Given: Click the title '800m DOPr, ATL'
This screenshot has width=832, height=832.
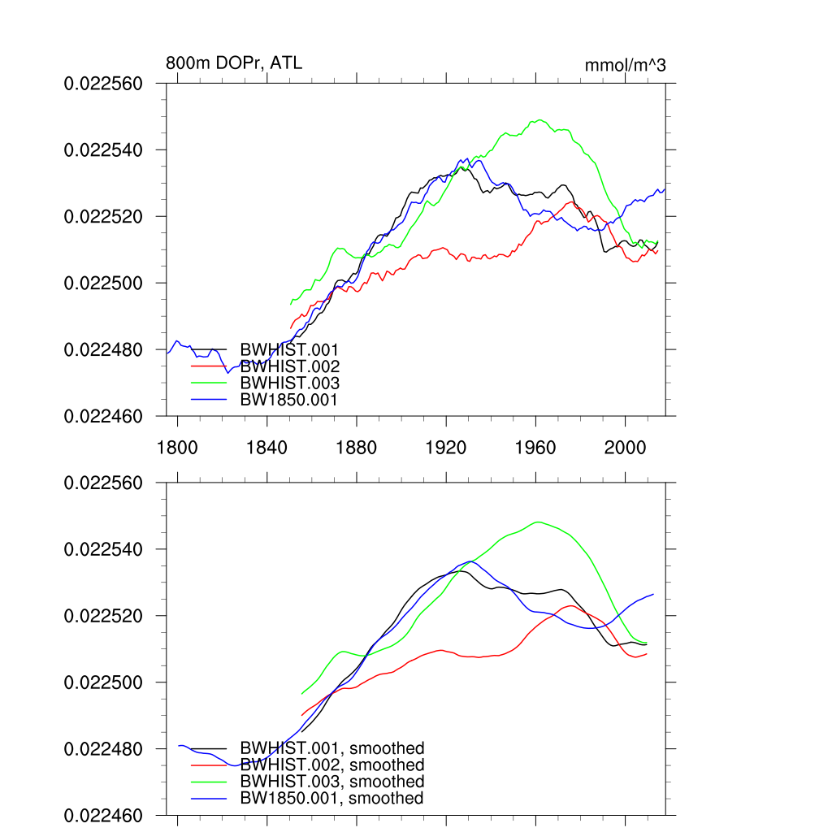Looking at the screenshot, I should (x=234, y=63).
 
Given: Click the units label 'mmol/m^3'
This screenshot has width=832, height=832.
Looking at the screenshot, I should (x=625, y=65).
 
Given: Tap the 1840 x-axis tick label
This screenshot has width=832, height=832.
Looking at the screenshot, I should (x=266, y=446).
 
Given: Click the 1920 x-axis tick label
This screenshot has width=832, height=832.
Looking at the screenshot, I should (x=446, y=446).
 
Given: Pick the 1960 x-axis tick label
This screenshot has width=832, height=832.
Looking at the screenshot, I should (x=536, y=446).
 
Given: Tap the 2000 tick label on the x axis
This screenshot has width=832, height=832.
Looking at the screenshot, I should (x=626, y=446).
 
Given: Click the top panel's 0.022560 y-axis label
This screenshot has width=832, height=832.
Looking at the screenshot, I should (x=103, y=84).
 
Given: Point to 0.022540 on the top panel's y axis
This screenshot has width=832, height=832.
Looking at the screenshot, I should (x=103, y=150).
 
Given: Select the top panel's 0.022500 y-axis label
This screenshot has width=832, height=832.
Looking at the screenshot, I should (x=103, y=284).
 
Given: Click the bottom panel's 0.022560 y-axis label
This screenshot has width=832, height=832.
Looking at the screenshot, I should (x=103, y=483).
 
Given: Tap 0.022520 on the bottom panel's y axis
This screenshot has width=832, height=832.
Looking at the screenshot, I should (x=103, y=617).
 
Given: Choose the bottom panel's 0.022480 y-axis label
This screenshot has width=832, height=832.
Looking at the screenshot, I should (x=103, y=749).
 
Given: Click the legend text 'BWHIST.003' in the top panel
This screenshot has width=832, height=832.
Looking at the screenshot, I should (x=289, y=383).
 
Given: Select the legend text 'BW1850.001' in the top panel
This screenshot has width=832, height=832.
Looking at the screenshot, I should (x=288, y=400).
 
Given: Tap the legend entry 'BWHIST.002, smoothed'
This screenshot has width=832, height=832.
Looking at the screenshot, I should (x=331, y=765).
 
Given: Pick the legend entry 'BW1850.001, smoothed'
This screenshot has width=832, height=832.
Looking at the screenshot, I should (x=331, y=799).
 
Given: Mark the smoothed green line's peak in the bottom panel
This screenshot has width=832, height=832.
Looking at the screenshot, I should (x=538, y=522).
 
